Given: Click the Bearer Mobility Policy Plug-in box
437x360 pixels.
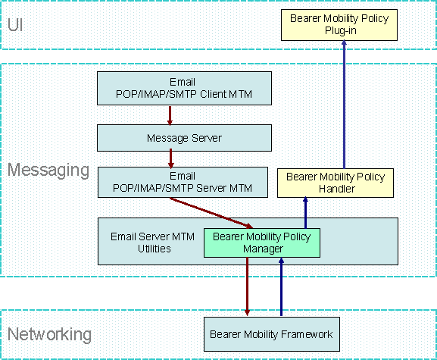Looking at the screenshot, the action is click(x=339, y=25).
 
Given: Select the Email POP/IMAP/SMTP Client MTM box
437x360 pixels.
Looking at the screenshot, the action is click(x=184, y=88).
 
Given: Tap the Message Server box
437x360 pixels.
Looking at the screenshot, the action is click(x=184, y=138).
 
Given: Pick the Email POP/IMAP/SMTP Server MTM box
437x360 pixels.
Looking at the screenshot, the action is click(x=183, y=182).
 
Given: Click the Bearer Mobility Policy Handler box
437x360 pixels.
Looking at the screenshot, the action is click(x=336, y=183).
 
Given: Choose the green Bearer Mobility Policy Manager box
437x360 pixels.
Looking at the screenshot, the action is click(x=262, y=243).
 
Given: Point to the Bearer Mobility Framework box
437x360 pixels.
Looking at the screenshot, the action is click(x=272, y=334).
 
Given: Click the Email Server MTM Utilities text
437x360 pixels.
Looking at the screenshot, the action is click(x=153, y=243).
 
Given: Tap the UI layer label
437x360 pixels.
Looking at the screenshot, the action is click(x=15, y=25).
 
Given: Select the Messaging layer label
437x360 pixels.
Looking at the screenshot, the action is click(x=48, y=170).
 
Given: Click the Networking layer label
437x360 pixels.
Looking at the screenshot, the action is click(x=50, y=333).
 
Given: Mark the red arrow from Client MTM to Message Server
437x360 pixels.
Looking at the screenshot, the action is click(x=170, y=115).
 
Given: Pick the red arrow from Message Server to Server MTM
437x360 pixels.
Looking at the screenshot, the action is click(x=171, y=159).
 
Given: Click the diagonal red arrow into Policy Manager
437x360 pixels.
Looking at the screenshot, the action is click(x=211, y=213).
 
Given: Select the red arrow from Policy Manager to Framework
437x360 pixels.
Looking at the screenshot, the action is click(x=247, y=286).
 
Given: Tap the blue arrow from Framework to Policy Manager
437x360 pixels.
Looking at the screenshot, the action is click(x=281, y=286).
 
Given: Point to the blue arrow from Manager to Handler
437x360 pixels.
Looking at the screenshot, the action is click(x=305, y=212).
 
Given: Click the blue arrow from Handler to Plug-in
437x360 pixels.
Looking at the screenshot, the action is click(x=344, y=105).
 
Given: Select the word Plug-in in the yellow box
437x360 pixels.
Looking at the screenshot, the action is click(x=341, y=30).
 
